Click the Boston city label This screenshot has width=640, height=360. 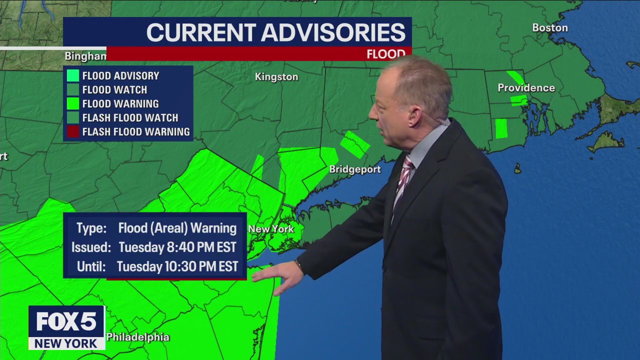pos(549,28)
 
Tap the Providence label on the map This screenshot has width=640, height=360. pos(526,88)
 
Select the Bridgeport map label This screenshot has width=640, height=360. pos(355,169)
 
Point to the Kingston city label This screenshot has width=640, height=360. pos(276,77)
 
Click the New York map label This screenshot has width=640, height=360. pos(271,229)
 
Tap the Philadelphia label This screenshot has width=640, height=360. pos(137,337)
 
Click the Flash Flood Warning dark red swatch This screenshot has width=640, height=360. pos(73,132)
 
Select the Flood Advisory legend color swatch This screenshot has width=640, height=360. pos(73,76)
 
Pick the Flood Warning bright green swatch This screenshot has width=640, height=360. pos(73,104)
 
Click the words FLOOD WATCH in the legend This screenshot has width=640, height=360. pos(114,90)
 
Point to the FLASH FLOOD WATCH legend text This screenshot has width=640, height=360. pos(130,118)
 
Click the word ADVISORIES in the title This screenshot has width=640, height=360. pos(333,33)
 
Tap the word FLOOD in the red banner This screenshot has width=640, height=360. pos(385,54)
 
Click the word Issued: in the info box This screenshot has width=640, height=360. pos(91,247)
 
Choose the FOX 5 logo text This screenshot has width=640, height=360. pos(66,322)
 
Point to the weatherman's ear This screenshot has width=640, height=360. pos(413,116)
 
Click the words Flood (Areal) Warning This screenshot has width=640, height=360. pos(177,228)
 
